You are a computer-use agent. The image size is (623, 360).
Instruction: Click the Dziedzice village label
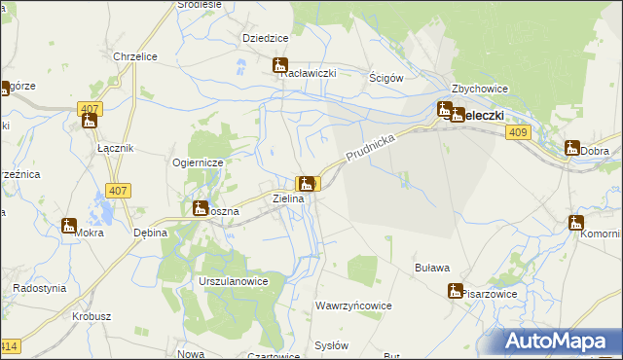coord(265,38)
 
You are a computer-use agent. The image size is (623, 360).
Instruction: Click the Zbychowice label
coord(480,89)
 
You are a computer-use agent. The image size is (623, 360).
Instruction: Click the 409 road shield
coord(518,132)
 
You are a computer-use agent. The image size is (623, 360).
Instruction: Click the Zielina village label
coord(288,198)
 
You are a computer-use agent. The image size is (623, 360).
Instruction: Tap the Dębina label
coord(151,234)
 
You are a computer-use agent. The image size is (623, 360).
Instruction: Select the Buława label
coord(432,268)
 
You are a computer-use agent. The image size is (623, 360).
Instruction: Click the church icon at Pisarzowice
coord(455,290)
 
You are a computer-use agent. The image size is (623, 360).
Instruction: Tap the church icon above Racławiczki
coord(280,66)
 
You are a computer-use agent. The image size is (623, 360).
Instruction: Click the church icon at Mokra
coord(69,226)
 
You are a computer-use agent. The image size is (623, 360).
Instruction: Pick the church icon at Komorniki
coord(575,223)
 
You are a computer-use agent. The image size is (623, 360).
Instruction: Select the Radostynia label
coord(39,288)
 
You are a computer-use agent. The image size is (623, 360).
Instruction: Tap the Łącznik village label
coord(116,147)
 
